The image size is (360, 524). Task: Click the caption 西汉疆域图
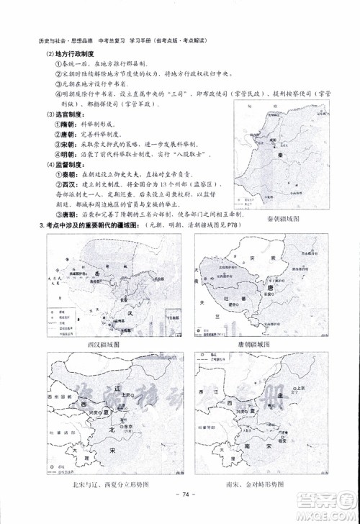pos(107,345)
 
